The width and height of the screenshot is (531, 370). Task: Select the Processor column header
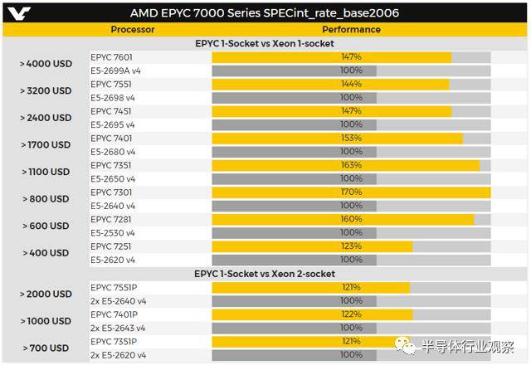point(133,30)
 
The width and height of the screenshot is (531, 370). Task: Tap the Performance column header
point(351,30)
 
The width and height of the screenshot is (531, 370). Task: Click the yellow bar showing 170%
point(351,192)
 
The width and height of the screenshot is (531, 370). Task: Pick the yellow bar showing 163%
point(345,165)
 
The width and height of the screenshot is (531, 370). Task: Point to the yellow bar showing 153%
point(337,139)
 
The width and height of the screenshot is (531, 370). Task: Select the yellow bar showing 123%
point(312,246)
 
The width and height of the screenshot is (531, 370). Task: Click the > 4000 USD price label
point(46,64)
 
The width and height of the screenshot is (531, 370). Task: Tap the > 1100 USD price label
point(46,172)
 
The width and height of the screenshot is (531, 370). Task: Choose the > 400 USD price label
point(46,253)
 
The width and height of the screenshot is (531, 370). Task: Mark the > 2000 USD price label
point(46,294)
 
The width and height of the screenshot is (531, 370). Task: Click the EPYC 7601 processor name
point(111,57)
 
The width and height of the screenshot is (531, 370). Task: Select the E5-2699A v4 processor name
point(116,71)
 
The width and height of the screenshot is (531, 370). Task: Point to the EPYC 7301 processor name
point(111,192)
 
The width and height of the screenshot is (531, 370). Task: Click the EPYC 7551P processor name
point(114,287)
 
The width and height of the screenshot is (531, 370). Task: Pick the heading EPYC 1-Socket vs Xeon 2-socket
point(265,273)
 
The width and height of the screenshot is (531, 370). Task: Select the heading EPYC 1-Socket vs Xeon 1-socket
point(265,43)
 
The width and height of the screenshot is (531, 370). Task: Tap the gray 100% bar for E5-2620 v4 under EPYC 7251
point(294,260)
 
